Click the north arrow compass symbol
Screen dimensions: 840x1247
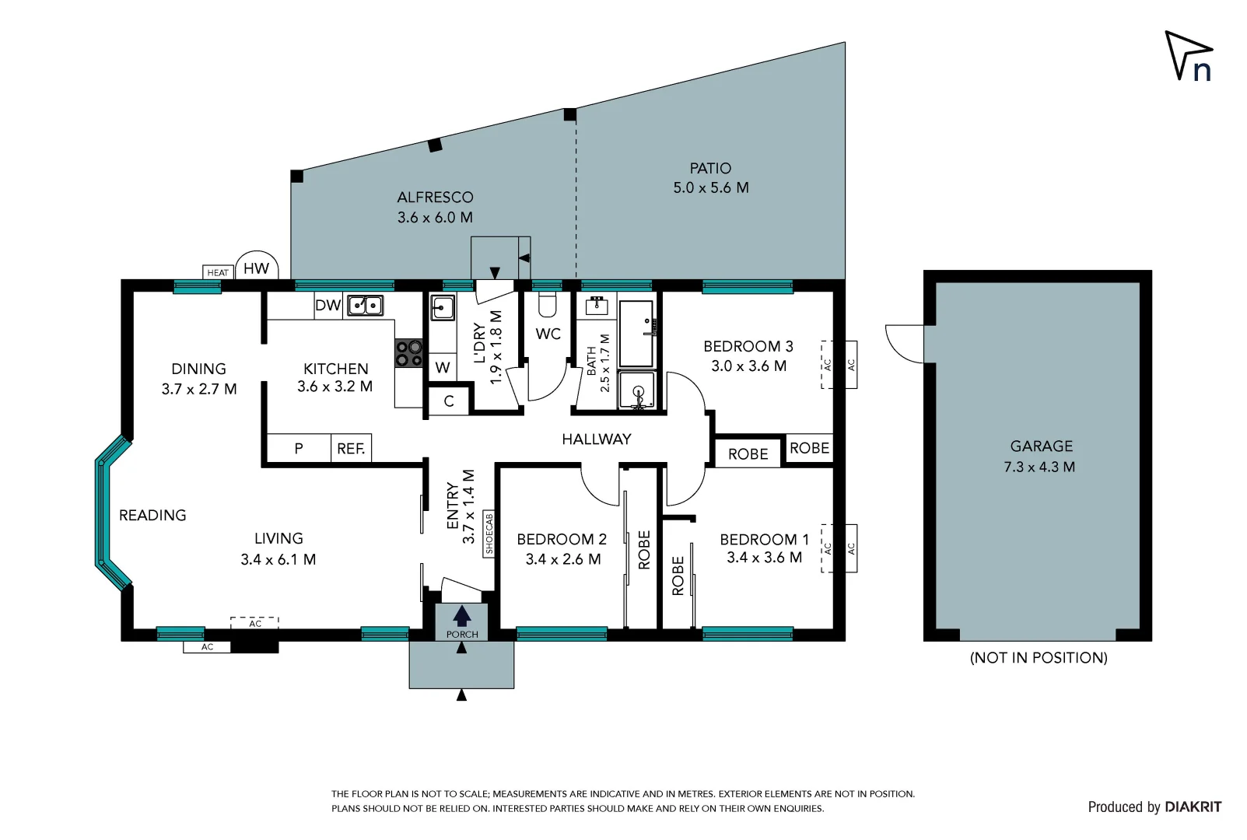point(1188,56)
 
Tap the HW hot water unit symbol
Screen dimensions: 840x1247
point(257,268)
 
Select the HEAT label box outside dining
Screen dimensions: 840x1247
point(218,272)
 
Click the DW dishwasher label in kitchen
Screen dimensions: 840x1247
point(328,305)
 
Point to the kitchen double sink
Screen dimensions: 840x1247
point(365,305)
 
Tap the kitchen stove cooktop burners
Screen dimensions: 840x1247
point(408,353)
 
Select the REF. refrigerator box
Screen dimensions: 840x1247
point(351,449)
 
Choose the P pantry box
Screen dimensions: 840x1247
point(299,449)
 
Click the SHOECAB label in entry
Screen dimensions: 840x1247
point(489,534)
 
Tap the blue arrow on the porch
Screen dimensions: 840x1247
point(462,616)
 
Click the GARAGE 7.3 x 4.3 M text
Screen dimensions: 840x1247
point(1040,457)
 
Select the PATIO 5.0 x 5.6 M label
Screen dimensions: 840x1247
point(710,178)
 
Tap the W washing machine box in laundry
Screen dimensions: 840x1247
point(443,368)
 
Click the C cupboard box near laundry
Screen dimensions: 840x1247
point(449,401)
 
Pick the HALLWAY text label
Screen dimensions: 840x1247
point(597,439)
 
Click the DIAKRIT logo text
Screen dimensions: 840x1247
point(1193,807)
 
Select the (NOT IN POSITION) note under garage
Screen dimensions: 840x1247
point(1039,658)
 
